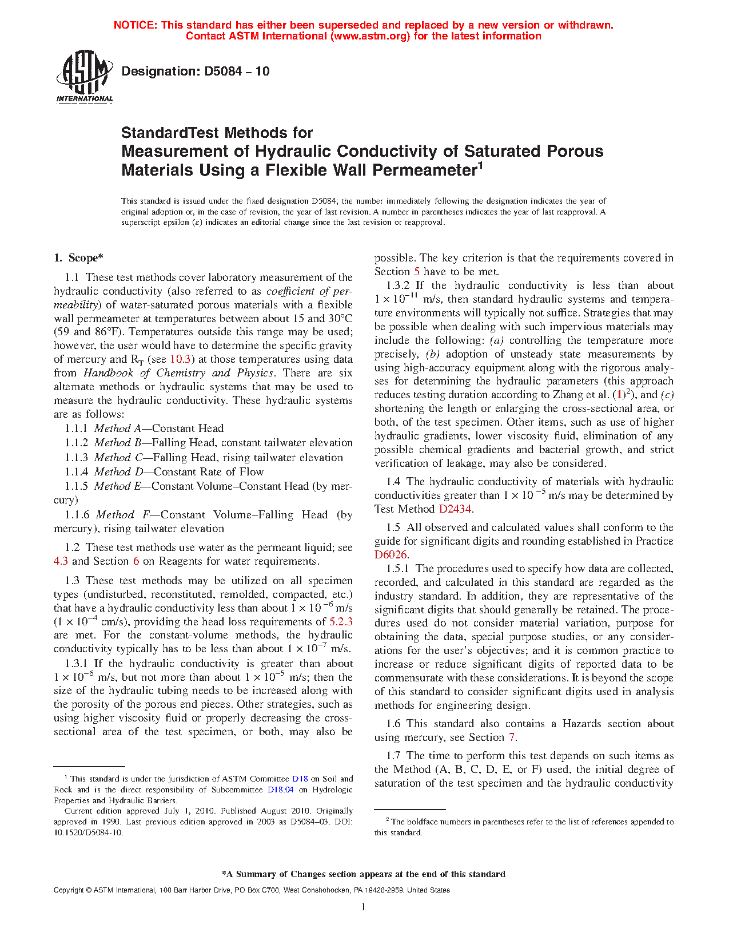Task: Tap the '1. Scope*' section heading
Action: (78, 258)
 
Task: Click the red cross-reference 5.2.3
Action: (341, 622)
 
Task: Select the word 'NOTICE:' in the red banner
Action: (136, 25)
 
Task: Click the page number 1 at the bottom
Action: (364, 907)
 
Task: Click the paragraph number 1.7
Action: (393, 756)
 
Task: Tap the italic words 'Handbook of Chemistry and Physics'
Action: (178, 373)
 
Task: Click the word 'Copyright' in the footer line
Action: (69, 890)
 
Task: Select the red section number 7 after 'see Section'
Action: (512, 737)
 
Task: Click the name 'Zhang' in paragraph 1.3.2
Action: (567, 395)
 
